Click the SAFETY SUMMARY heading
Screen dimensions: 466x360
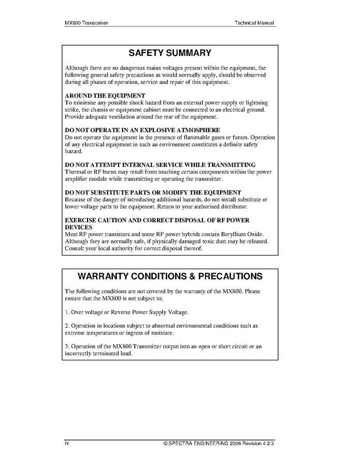(x=170, y=53)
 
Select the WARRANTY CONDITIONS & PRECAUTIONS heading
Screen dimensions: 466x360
(x=170, y=276)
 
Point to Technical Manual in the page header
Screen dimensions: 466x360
(x=254, y=23)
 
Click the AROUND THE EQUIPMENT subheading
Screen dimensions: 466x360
(x=105, y=96)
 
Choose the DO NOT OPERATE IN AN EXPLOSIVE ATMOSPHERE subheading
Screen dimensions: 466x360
(x=142, y=130)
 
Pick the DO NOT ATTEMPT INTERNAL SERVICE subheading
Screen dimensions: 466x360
(x=160, y=165)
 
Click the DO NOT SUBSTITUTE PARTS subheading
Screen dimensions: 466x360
(x=153, y=192)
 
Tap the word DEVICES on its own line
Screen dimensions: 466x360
(x=79, y=227)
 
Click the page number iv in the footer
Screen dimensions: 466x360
(x=67, y=444)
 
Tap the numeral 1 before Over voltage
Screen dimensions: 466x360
(x=67, y=313)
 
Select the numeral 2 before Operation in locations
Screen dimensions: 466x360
(x=67, y=326)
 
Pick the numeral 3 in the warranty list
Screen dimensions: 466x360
(x=67, y=346)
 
